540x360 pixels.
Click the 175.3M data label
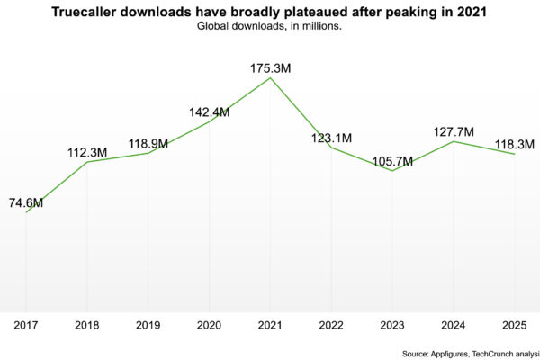pyautogui.click(x=270, y=67)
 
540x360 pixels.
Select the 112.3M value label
pyautogui.click(x=87, y=152)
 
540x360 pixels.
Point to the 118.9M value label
pyautogui.click(x=148, y=143)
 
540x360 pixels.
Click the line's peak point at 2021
pyautogui.click(x=270, y=78)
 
